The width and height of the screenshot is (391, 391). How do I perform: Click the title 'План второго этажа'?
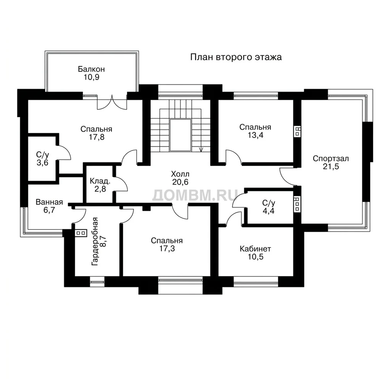click(236, 57)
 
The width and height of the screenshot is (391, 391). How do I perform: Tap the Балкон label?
click(91, 69)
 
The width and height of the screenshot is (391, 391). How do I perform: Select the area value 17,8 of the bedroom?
click(97, 137)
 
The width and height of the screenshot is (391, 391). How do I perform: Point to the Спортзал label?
click(331, 158)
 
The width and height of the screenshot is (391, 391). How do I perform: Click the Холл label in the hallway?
click(180, 174)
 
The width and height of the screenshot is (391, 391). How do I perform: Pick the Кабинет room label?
click(255, 249)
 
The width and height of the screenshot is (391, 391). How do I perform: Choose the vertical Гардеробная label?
click(95, 241)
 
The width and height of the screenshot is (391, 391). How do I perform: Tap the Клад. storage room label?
click(100, 181)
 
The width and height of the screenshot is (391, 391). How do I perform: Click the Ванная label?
click(49, 202)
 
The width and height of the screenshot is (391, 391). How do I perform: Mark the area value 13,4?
click(255, 135)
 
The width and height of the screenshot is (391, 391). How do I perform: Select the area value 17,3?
click(167, 249)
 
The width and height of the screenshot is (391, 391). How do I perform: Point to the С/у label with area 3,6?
click(42, 155)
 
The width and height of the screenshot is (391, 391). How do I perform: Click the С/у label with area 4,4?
click(268, 203)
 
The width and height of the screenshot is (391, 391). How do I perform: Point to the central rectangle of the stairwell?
click(180, 135)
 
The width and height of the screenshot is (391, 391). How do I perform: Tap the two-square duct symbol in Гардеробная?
click(81, 233)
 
